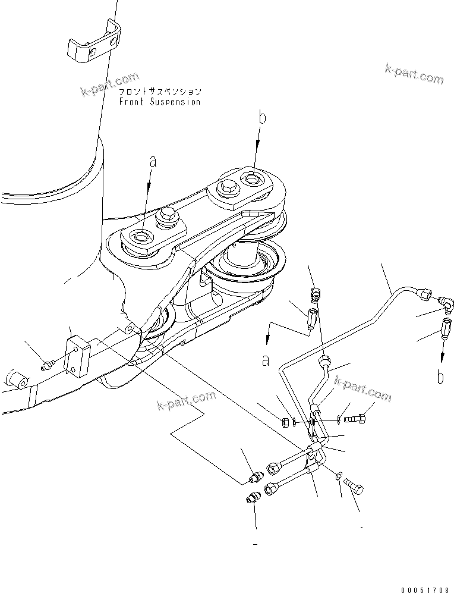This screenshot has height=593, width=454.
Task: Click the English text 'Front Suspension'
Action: tap(159, 102)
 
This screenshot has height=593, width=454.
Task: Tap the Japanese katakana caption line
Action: tap(159, 92)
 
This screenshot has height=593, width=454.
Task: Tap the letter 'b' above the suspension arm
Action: tap(262, 118)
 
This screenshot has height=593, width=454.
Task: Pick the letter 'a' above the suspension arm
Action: tap(152, 161)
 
